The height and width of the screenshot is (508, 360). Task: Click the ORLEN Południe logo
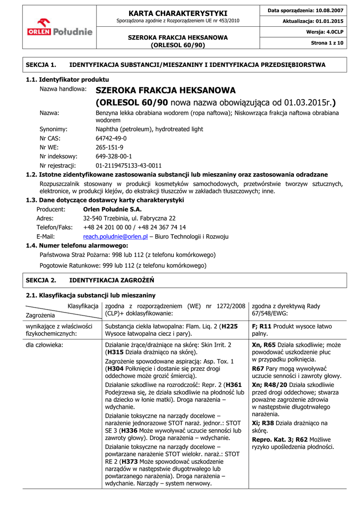pos(60,28)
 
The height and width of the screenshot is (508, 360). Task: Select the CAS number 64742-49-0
pos(111,138)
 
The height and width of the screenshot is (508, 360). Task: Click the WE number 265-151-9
pos(109,147)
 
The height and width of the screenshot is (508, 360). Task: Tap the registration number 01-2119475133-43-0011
pos(129,165)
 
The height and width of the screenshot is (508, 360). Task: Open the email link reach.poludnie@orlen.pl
pos(115,237)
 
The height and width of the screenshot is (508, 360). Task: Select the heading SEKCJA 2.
pos(41,280)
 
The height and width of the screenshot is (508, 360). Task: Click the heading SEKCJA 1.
pos(41,64)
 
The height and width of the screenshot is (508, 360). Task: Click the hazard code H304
pos(116,369)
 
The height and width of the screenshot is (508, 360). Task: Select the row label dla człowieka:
pos(45,344)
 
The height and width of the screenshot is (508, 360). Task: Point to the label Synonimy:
pos(54,129)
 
